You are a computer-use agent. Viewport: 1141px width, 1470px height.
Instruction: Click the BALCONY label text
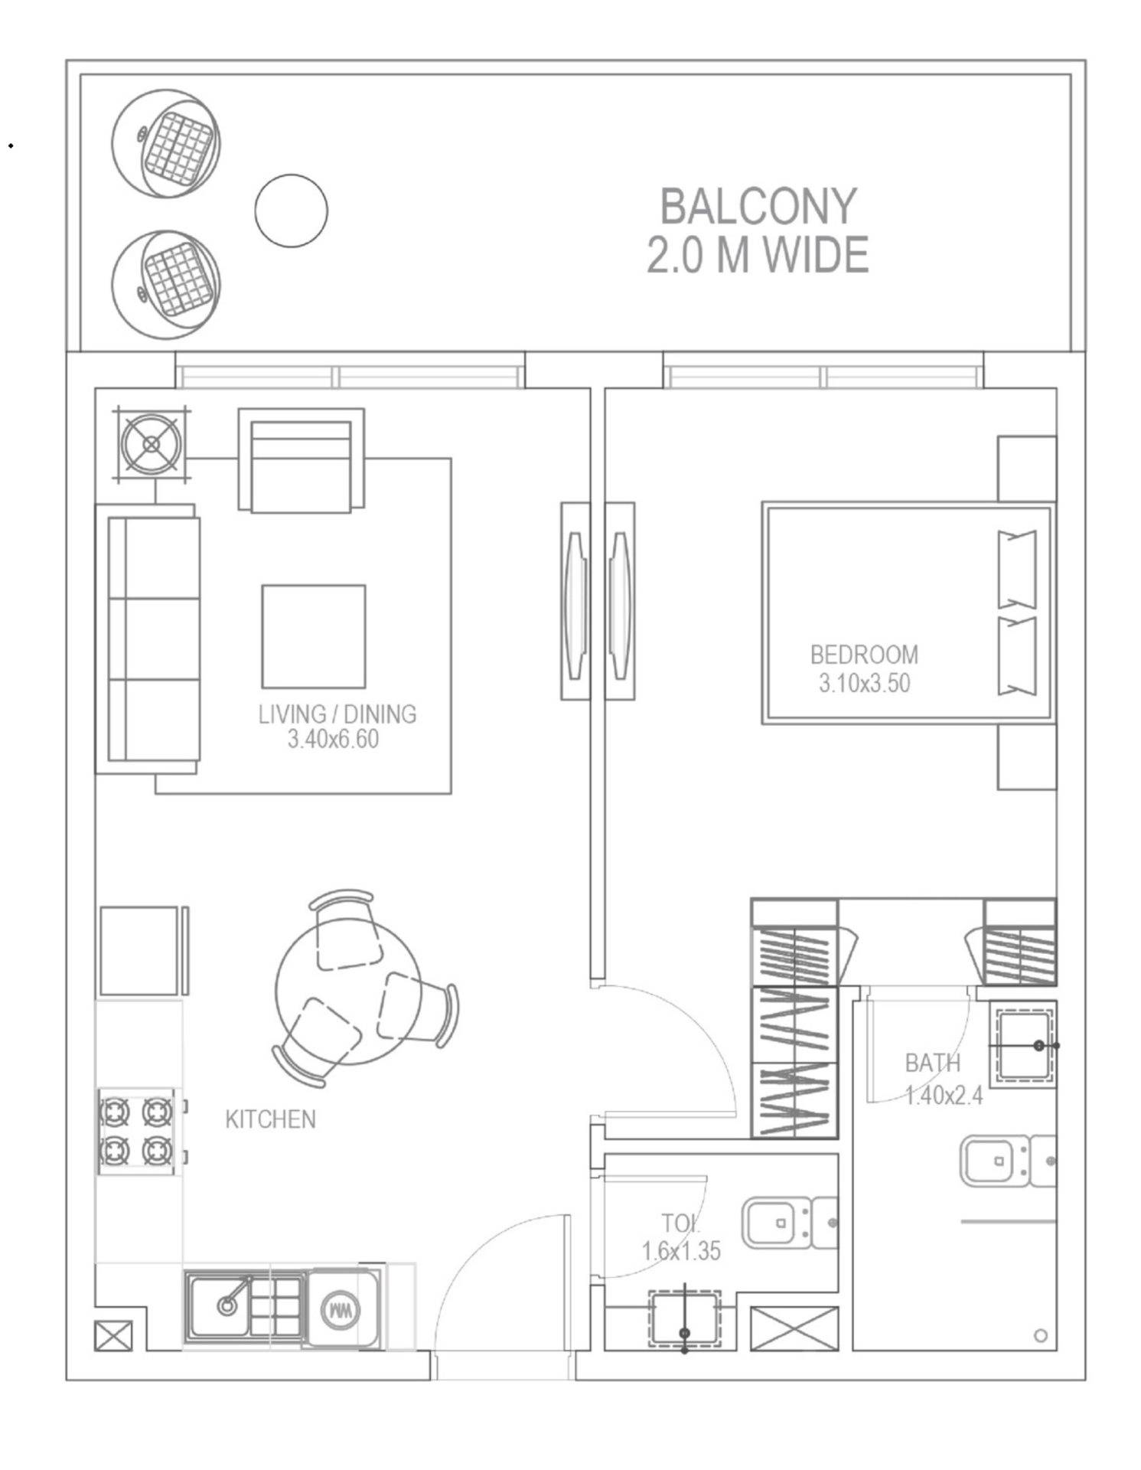(x=758, y=207)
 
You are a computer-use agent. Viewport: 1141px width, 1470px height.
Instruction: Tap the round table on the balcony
(x=291, y=211)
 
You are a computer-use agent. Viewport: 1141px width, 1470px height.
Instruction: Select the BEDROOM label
(x=864, y=655)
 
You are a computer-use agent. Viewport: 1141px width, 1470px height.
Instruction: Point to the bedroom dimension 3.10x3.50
(x=864, y=683)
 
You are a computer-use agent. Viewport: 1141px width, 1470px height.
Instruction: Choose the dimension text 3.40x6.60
(x=333, y=740)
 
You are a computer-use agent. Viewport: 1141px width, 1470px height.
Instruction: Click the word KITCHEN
(x=270, y=1119)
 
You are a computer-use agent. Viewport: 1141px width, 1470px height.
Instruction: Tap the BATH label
(x=932, y=1063)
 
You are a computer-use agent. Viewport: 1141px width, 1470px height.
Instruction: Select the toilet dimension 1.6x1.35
(x=681, y=1251)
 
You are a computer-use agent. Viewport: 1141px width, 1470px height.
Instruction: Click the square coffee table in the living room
(x=314, y=637)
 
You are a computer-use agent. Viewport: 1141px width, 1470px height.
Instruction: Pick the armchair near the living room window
(x=301, y=459)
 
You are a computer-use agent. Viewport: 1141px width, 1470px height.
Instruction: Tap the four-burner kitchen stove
(x=136, y=1132)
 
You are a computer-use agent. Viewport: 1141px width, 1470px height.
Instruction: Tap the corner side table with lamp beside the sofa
(x=152, y=444)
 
